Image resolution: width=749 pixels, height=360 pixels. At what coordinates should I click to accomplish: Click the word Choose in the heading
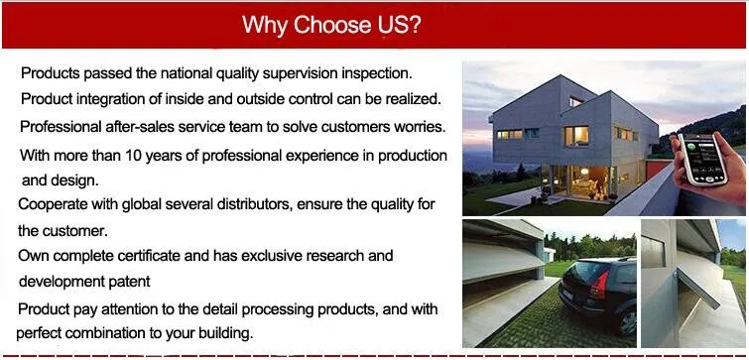tap(332, 25)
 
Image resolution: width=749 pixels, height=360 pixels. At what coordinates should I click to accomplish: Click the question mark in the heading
tap(415, 25)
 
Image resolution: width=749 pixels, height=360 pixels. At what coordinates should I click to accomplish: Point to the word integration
tap(109, 100)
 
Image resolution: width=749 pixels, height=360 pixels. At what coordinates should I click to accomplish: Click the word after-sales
tap(135, 127)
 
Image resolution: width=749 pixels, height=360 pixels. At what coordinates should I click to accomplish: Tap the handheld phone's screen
tap(701, 158)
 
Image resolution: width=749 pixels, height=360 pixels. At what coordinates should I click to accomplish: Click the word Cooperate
tap(53, 205)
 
